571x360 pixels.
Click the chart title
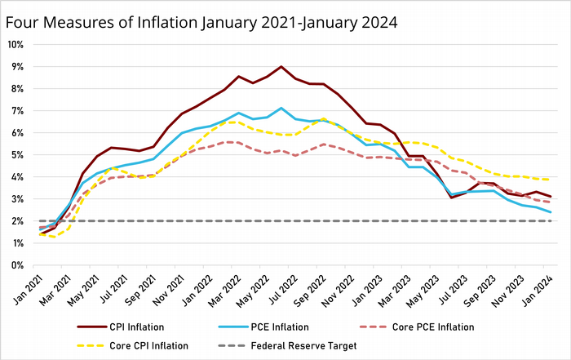[x=201, y=22]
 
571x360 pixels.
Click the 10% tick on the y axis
[x=16, y=44]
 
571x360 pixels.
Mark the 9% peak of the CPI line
[x=281, y=67]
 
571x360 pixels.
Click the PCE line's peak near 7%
[x=281, y=108]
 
